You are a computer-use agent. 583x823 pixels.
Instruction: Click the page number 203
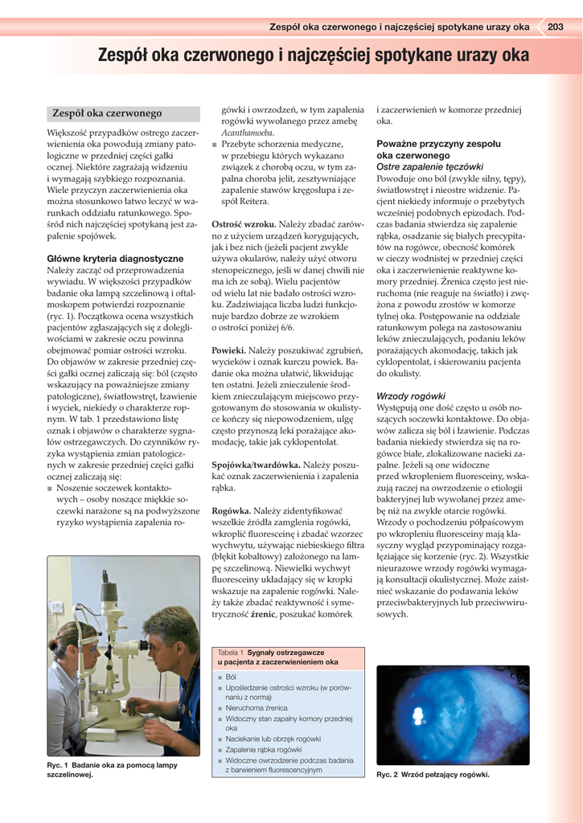(x=555, y=27)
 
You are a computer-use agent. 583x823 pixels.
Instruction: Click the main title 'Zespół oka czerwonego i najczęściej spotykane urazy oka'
(x=314, y=56)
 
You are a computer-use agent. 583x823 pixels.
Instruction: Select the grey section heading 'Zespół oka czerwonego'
(x=107, y=114)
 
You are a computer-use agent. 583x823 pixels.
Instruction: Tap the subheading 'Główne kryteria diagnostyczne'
(x=115, y=259)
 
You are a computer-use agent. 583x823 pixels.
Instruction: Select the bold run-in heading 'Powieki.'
(x=228, y=351)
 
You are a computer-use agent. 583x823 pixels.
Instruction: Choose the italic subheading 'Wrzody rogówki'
(x=411, y=396)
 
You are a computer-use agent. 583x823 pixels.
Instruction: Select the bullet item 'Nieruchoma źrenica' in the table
(x=257, y=708)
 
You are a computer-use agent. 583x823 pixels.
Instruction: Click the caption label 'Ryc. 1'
(x=58, y=765)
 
